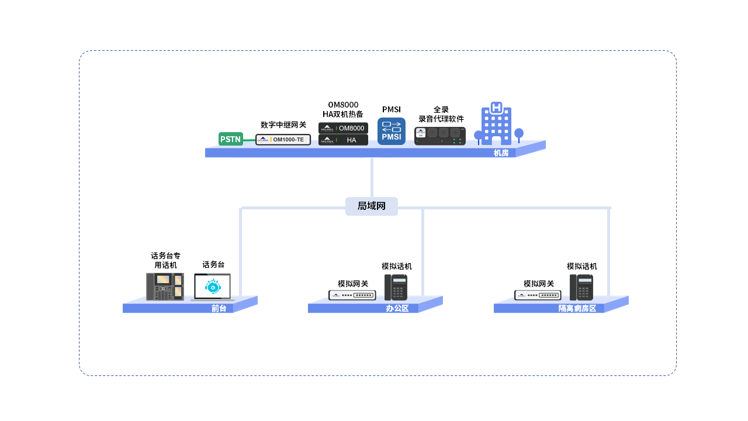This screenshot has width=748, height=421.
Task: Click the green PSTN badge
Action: tap(230, 139)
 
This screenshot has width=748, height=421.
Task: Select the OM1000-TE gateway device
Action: tap(283, 139)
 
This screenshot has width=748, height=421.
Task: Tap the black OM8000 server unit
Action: tap(343, 128)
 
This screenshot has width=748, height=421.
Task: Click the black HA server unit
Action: tap(343, 140)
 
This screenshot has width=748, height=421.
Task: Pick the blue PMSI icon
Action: tap(392, 132)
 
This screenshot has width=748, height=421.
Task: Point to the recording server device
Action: tap(439, 136)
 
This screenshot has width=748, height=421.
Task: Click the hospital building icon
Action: tap(497, 124)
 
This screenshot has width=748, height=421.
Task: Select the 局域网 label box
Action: tap(372, 206)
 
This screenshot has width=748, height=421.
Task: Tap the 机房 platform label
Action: tap(501, 153)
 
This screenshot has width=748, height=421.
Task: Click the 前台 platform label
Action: tap(219, 309)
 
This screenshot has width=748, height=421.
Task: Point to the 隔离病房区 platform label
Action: tap(577, 309)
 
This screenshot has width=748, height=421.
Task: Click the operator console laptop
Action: tap(213, 287)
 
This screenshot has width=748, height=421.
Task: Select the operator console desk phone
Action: tap(165, 287)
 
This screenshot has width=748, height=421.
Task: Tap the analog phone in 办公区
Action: tap(396, 287)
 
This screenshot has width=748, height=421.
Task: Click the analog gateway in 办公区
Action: tap(352, 295)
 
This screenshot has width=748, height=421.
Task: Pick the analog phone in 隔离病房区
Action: tap(581, 287)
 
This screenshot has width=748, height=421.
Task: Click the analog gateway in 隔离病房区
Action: tap(538, 295)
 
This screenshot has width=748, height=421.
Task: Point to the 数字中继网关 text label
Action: tap(283, 125)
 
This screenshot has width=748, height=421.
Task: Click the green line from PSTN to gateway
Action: tap(250, 140)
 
